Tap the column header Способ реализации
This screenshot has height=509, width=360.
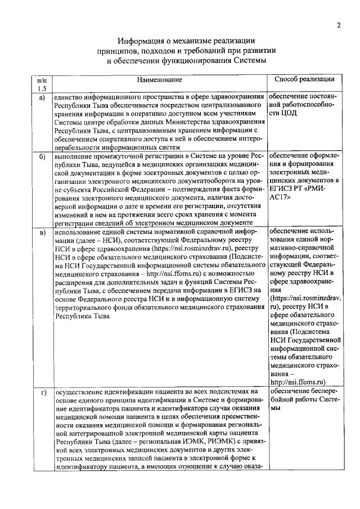pos(304,79)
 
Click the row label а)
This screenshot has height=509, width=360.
pos(41,97)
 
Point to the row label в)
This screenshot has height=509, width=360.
pos(41,232)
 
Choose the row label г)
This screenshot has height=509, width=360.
pos(41,392)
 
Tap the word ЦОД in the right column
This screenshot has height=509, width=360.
pos(290,113)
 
